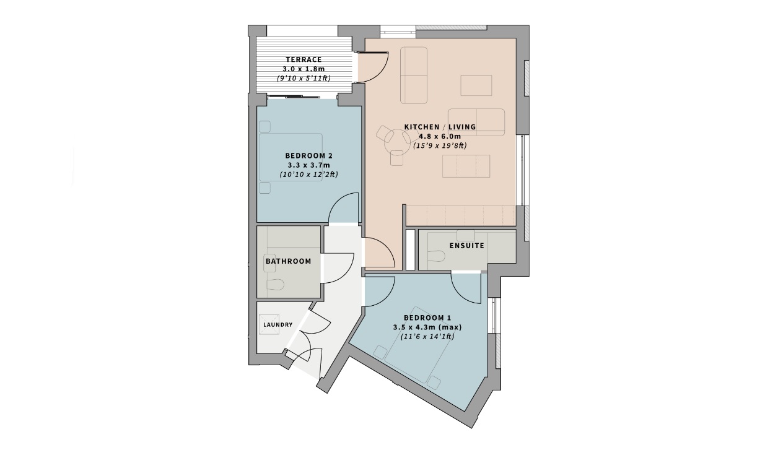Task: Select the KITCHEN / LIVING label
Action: [x=440, y=127]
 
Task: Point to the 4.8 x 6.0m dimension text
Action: [x=440, y=136]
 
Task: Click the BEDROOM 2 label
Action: [x=309, y=155]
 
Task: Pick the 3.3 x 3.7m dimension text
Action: [x=309, y=165]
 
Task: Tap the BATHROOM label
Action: [x=288, y=261]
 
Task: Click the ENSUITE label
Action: [x=467, y=246]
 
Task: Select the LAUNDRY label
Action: [x=278, y=324]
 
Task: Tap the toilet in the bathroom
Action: [x=275, y=284]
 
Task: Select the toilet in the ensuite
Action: [x=438, y=256]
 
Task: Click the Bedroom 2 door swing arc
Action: [x=344, y=207]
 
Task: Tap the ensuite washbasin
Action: [x=465, y=235]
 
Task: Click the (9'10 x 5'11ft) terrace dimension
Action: [x=304, y=79]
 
